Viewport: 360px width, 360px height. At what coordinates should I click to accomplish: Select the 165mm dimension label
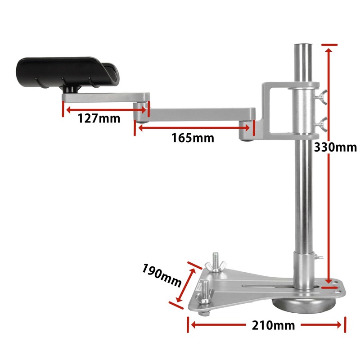tap(193, 138)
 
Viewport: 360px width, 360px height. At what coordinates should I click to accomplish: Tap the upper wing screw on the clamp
tap(322, 95)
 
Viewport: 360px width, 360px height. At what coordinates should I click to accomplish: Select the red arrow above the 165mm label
tap(194, 128)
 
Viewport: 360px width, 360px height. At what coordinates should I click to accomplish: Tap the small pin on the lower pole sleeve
tap(320, 257)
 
